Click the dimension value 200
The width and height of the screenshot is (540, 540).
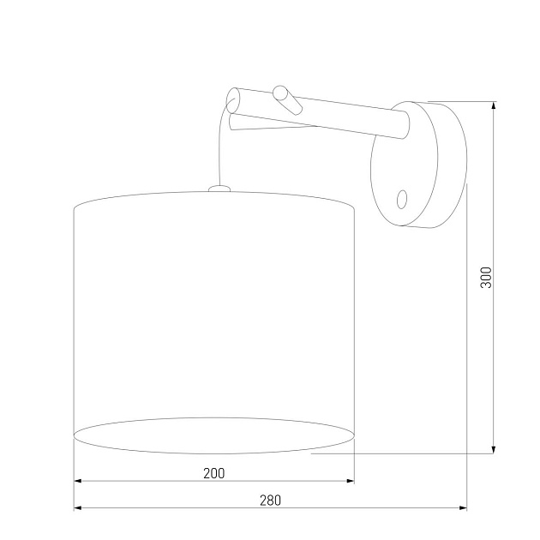pyautogui.click(x=214, y=472)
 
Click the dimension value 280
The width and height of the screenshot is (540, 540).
pyautogui.click(x=269, y=501)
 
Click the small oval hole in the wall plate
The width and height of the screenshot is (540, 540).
pyautogui.click(x=402, y=199)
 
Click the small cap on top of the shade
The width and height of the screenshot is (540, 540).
pyautogui.click(x=219, y=188)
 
